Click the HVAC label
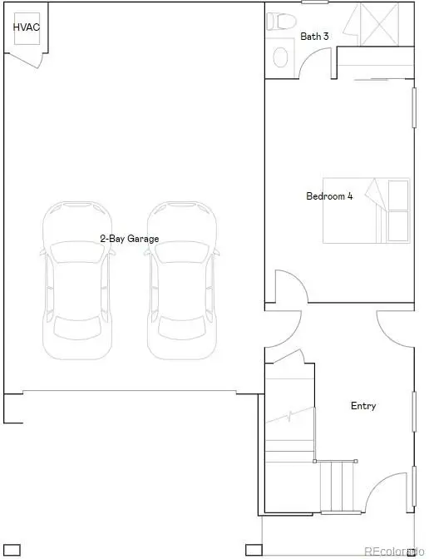click(27, 27)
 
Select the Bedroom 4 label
click(329, 196)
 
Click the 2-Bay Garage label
click(129, 239)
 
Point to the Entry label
click(363, 406)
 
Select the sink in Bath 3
click(281, 57)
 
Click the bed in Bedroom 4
click(367, 210)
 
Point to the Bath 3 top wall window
click(314, 2)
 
